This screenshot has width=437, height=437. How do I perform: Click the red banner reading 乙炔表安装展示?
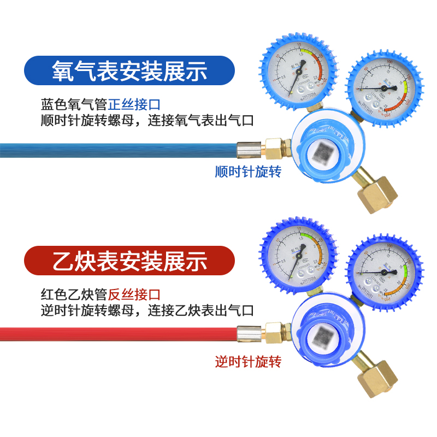point(129,261)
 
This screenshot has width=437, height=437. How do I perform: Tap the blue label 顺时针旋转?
point(248,172)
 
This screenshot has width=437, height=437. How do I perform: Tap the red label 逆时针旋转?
point(248,362)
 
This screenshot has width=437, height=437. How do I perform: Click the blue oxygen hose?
point(109,147)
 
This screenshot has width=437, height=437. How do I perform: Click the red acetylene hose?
point(109,332)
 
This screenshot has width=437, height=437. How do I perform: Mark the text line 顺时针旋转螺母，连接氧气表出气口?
point(147,120)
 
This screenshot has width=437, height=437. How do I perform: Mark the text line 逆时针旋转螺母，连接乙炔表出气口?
point(147,310)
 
